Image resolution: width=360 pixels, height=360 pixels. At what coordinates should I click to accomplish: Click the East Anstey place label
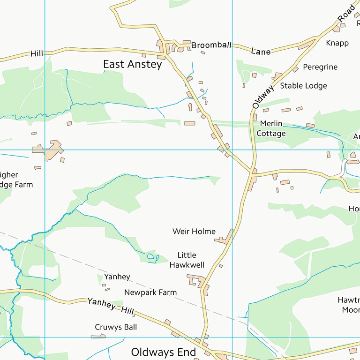click(x=132, y=65)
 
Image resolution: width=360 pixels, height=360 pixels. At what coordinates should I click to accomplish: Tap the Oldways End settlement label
click(x=163, y=352)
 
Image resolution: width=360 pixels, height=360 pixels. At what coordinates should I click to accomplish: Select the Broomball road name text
click(x=211, y=45)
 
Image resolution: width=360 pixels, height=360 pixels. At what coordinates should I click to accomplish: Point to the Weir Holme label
click(x=194, y=231)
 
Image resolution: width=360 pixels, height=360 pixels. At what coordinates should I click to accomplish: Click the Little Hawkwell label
click(x=190, y=260)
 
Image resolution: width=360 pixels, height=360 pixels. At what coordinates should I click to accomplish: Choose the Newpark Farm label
click(x=150, y=292)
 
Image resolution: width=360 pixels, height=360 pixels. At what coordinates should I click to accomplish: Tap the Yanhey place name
click(x=117, y=277)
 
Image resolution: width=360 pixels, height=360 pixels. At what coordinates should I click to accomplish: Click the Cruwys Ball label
click(x=116, y=327)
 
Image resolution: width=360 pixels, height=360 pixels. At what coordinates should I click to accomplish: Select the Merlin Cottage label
click(x=271, y=128)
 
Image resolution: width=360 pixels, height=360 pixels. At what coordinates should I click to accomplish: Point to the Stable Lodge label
click(x=303, y=86)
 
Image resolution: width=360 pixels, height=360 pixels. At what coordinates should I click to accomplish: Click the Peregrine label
click(x=320, y=67)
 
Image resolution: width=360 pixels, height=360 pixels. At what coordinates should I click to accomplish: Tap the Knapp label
click(x=337, y=43)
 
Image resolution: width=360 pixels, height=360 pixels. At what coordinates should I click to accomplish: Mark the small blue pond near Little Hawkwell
click(x=150, y=256)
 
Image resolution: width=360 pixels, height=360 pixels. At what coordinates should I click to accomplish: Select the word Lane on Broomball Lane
click(x=261, y=51)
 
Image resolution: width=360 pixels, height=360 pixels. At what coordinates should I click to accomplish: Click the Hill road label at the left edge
click(x=37, y=53)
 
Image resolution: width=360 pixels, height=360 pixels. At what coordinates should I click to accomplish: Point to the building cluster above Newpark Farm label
click(x=198, y=281)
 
